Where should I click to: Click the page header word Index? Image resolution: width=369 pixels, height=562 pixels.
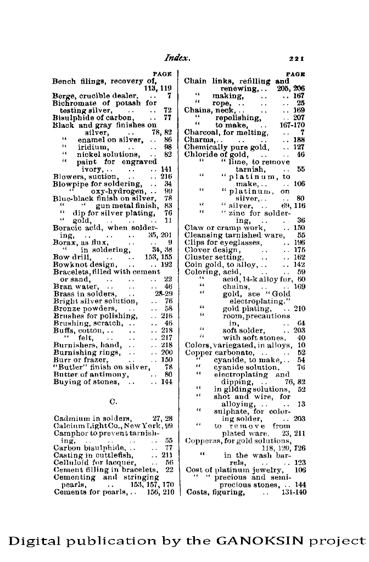tap(176, 57)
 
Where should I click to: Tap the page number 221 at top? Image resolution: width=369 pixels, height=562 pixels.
tap(297, 58)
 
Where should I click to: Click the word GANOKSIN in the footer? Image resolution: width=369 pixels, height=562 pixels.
tap(260, 541)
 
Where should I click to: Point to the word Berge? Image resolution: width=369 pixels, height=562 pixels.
tap(63, 95)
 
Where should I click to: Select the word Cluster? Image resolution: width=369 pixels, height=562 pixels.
tap(199, 256)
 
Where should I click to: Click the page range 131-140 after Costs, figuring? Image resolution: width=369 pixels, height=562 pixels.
tap(294, 492)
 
